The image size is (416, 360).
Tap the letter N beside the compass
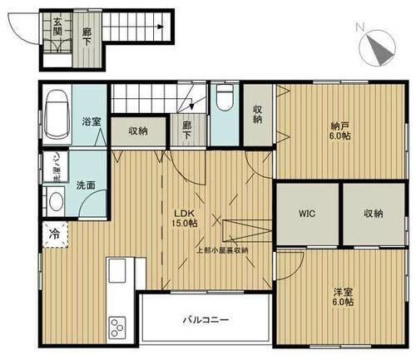pyautogui.click(x=359, y=27)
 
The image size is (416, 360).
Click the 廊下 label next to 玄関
pyautogui.click(x=87, y=35)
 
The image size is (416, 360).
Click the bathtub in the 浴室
pyautogui.click(x=56, y=114)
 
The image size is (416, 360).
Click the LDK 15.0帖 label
pyautogui.click(x=185, y=218)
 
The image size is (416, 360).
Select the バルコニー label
pyautogui.click(x=207, y=318)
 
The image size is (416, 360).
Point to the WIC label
pyautogui.click(x=307, y=213)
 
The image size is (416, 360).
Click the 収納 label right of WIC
pyautogui.click(x=373, y=213)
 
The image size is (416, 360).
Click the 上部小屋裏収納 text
pyautogui.click(x=221, y=249)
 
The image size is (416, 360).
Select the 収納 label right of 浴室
pyautogui.click(x=138, y=131)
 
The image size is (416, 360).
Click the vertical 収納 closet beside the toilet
pyautogui.click(x=257, y=113)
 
